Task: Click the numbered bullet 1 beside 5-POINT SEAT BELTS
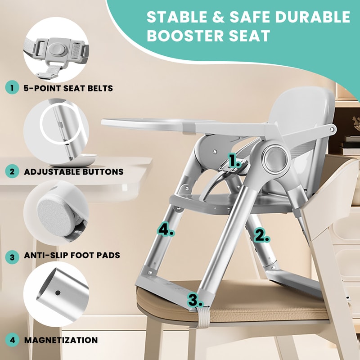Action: click(11, 88)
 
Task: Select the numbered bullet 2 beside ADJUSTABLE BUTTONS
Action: click(11, 171)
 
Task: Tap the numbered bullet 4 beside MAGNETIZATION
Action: click(11, 340)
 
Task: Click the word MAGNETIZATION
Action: click(61, 340)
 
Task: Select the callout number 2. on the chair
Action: click(262, 234)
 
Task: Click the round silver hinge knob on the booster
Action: click(274, 158)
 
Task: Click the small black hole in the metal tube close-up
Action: click(58, 292)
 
